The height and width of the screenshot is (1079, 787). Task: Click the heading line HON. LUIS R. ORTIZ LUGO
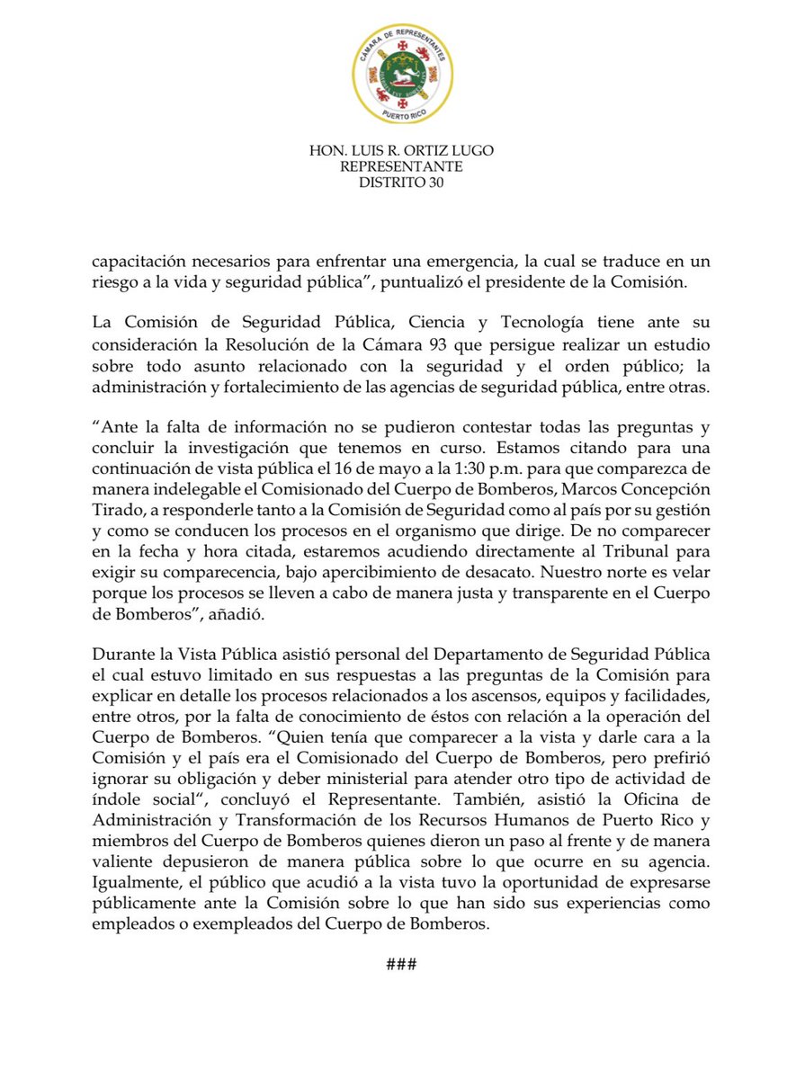(x=393, y=151)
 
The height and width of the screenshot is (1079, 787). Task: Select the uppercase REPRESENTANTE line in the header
(x=393, y=167)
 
